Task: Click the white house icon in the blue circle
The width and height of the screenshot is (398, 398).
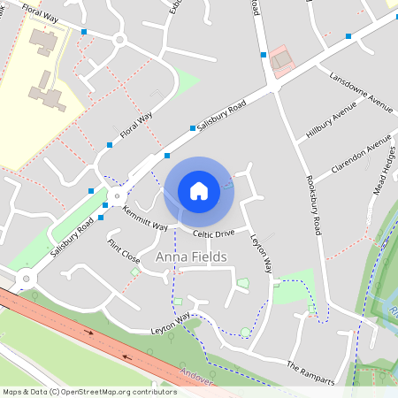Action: [x=199, y=190]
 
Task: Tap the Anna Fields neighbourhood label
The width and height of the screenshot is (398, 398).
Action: [x=191, y=256]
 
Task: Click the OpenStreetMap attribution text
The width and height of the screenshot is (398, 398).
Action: [x=89, y=391]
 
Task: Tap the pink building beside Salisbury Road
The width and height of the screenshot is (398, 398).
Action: [x=281, y=60]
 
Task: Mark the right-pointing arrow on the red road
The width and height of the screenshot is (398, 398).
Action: [x=88, y=333]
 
